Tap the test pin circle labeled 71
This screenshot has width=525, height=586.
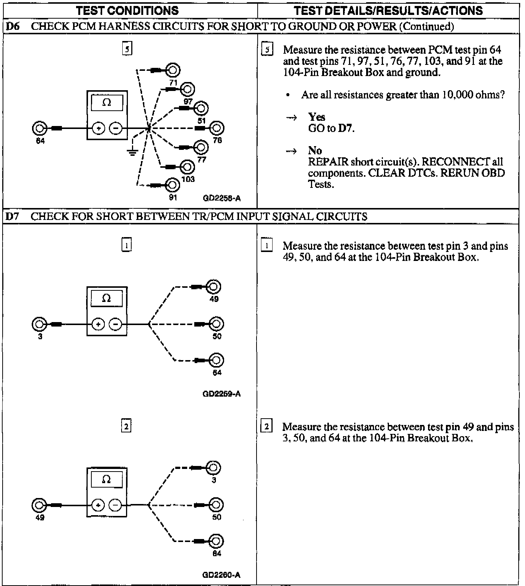[173, 70]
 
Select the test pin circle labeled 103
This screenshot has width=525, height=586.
[187, 167]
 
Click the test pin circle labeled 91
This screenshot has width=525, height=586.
[172, 185]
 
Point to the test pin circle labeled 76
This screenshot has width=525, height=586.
[217, 128]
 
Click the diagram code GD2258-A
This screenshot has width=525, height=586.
[221, 198]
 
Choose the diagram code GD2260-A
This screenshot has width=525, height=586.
[221, 575]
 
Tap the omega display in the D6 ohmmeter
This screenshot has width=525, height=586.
[107, 103]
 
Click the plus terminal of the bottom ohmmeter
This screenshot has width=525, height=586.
[98, 505]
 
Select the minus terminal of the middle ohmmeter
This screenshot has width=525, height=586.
[115, 324]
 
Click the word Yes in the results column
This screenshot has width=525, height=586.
[317, 117]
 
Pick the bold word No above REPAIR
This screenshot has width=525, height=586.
[315, 150]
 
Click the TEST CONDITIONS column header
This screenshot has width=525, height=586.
[128, 11]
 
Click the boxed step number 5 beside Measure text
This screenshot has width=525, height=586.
[267, 50]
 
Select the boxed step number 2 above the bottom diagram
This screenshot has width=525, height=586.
[126, 426]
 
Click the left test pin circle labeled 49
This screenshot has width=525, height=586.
[39, 505]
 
